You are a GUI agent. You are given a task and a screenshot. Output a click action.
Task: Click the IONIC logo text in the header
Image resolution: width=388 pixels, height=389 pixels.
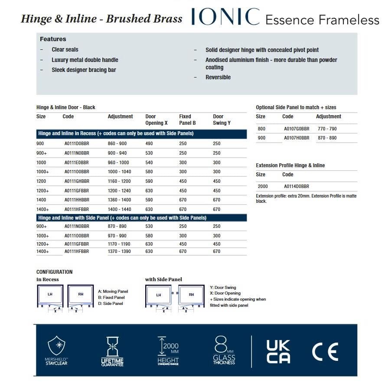[x=225, y=17]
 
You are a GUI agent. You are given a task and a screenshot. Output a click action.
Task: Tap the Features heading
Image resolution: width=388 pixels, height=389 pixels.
[x=53, y=39]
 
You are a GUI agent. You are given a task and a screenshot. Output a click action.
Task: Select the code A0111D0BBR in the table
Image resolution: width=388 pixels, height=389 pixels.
[x=77, y=143]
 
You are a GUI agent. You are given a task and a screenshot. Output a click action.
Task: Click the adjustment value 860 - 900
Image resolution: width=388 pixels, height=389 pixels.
[x=117, y=143]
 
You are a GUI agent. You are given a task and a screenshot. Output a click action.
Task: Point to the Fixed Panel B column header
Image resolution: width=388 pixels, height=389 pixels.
[x=187, y=120]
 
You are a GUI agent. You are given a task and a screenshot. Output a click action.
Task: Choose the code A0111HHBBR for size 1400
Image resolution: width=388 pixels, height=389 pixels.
[x=77, y=200]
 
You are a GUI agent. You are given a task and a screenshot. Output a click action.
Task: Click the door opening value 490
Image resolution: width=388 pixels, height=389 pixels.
[x=149, y=143]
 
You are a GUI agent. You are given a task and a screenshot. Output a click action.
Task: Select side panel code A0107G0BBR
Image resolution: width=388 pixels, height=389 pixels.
[x=297, y=129]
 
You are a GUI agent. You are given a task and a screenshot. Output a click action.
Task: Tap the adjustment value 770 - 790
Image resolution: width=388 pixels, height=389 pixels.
[x=327, y=129]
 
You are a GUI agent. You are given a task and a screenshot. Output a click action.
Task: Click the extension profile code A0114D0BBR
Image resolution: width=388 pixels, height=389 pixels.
[x=297, y=186]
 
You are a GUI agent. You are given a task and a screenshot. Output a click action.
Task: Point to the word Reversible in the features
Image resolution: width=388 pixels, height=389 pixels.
[x=218, y=77]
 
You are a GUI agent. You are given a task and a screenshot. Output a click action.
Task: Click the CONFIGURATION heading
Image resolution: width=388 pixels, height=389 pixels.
[x=55, y=272]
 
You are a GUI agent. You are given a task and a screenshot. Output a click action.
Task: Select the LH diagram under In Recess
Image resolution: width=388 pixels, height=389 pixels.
[x=50, y=295]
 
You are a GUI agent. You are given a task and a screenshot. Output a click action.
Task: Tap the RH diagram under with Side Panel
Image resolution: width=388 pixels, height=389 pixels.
[x=192, y=295]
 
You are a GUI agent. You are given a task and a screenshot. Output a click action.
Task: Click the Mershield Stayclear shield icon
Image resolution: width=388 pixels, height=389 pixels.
[x=57, y=345]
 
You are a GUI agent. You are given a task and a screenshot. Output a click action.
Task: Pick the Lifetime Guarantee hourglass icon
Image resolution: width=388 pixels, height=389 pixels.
[x=112, y=346]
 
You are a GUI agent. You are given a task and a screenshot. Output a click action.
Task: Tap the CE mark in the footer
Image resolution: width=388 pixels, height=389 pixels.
[x=325, y=351]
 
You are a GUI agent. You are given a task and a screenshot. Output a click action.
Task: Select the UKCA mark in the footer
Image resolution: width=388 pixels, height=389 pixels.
[x=278, y=351]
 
